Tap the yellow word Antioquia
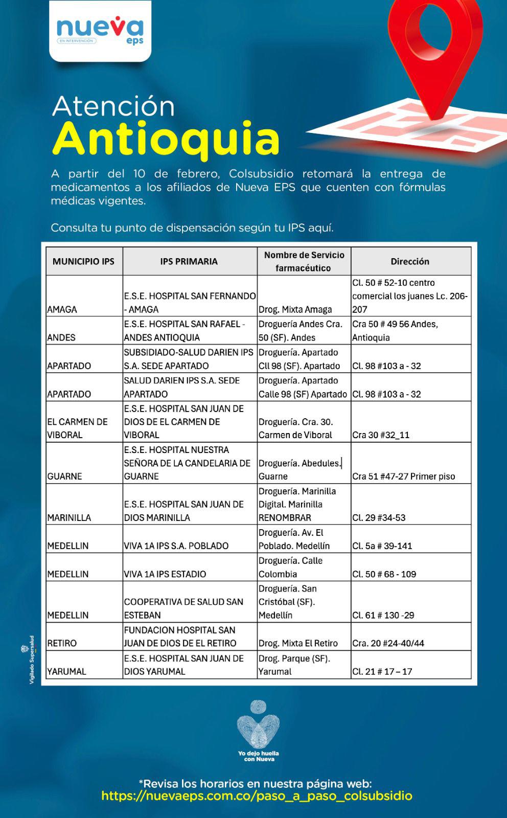166,139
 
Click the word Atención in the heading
113,106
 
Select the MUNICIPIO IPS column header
83,261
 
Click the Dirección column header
410,261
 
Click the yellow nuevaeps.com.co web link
257,796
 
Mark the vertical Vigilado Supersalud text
32,660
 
